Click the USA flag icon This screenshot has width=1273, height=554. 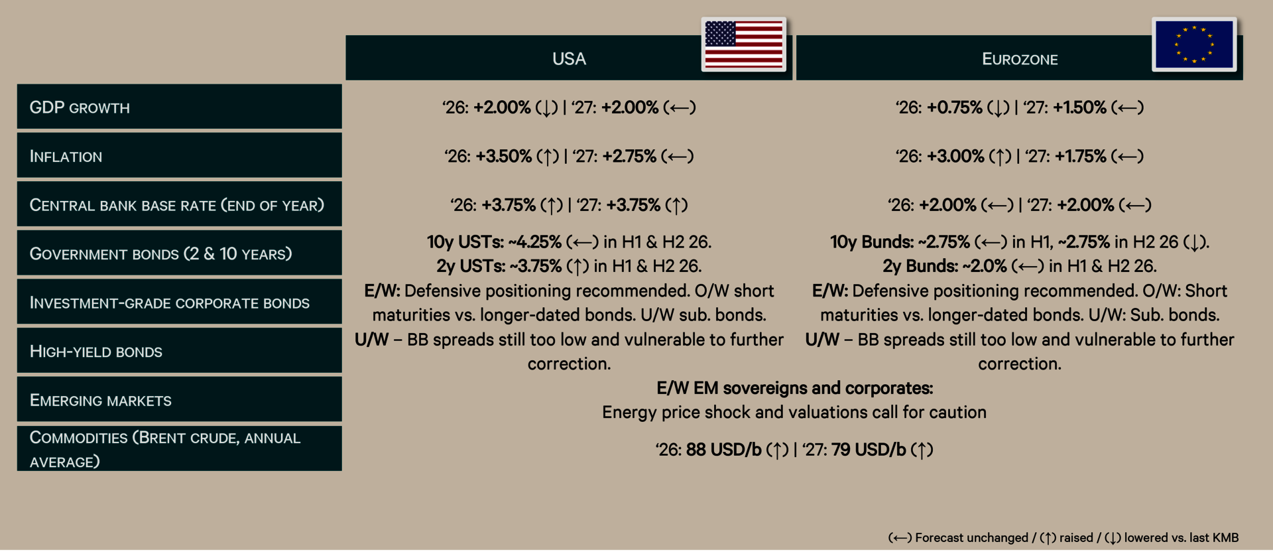(743, 44)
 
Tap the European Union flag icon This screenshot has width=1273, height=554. (1194, 44)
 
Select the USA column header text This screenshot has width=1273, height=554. (569, 59)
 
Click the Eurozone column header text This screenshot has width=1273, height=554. (1020, 59)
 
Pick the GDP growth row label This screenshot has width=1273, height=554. (80, 107)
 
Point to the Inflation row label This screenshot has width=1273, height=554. (66, 157)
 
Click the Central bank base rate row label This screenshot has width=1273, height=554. (176, 205)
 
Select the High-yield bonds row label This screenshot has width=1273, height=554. (95, 352)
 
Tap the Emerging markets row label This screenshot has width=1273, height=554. (100, 400)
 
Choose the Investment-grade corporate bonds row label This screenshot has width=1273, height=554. (169, 303)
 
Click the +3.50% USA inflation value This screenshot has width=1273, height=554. (503, 157)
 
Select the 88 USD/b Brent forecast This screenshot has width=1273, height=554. (723, 450)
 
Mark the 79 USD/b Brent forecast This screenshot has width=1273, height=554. (868, 450)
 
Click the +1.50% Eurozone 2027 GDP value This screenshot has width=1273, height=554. (1079, 107)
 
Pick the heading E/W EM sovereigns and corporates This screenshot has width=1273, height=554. (794, 388)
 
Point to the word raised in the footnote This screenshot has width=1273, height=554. (1075, 537)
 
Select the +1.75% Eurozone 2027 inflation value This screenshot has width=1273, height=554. (1080, 157)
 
